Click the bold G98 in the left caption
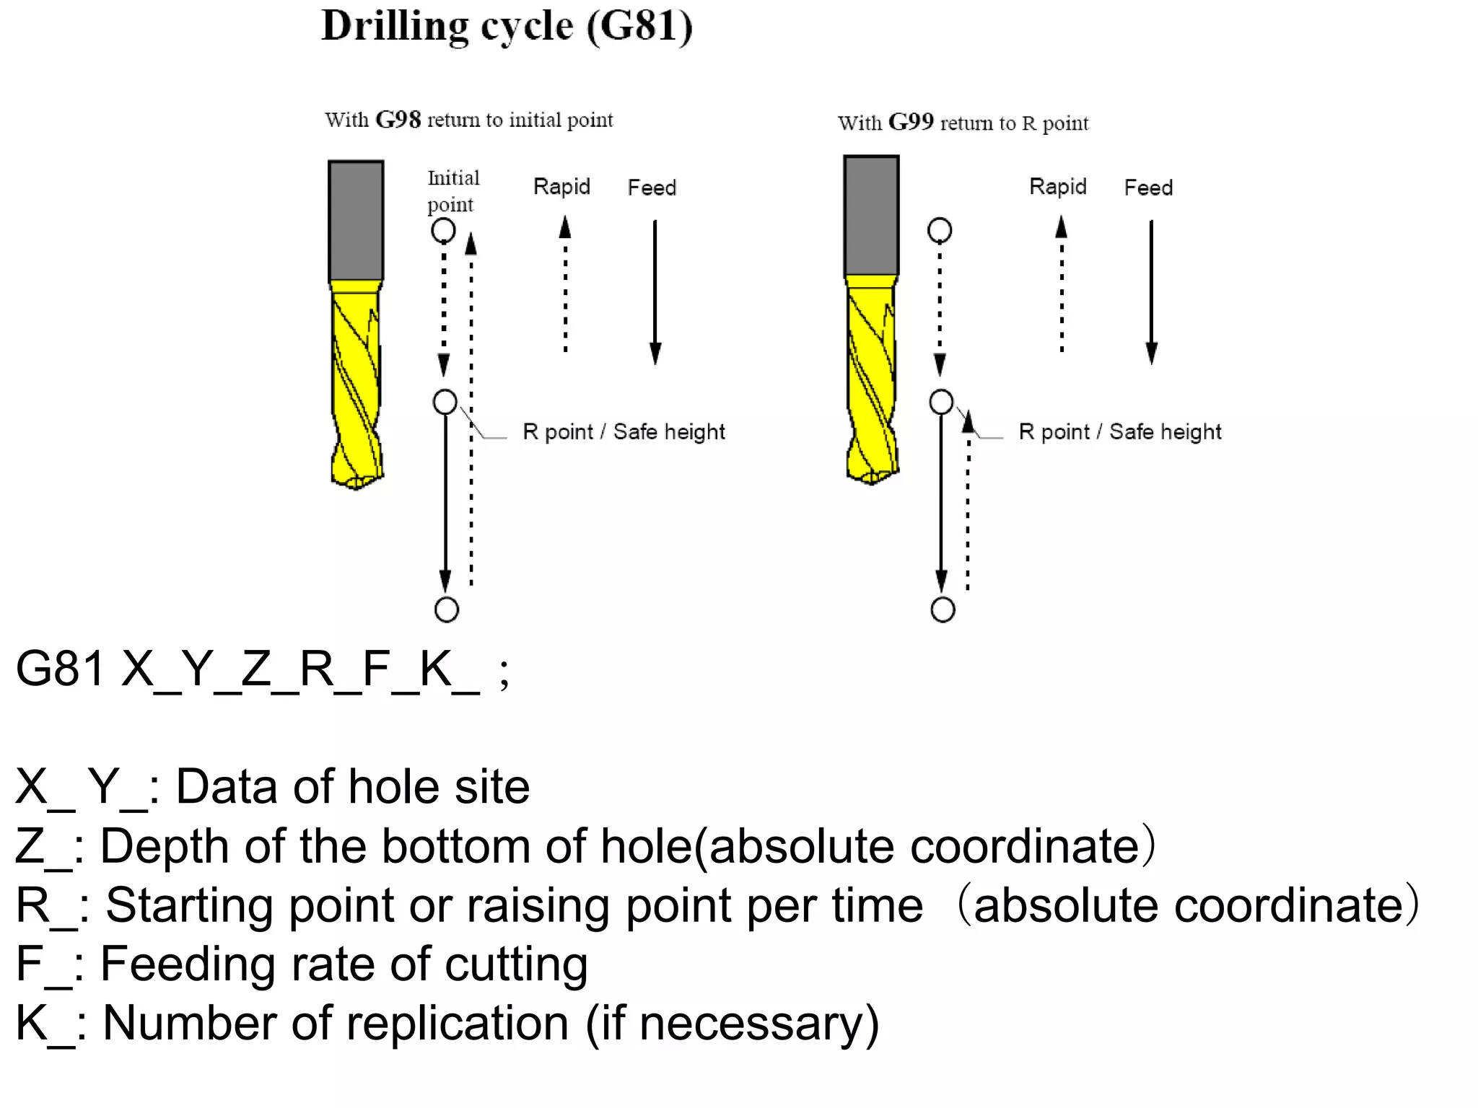(398, 120)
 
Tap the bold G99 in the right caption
(911, 123)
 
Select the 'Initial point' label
(452, 191)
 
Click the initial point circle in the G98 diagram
(443, 231)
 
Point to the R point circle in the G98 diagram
(445, 402)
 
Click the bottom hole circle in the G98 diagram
(447, 610)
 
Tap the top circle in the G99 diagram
(939, 231)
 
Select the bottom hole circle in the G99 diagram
(943, 610)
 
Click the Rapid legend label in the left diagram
(561, 187)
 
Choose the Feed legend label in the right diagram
(1147, 188)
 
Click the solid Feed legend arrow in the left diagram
(655, 292)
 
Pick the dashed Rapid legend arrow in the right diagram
(1061, 285)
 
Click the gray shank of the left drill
(356, 220)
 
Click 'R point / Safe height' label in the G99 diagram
(1119, 432)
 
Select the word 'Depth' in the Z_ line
(164, 845)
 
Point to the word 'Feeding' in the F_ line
(187, 964)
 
